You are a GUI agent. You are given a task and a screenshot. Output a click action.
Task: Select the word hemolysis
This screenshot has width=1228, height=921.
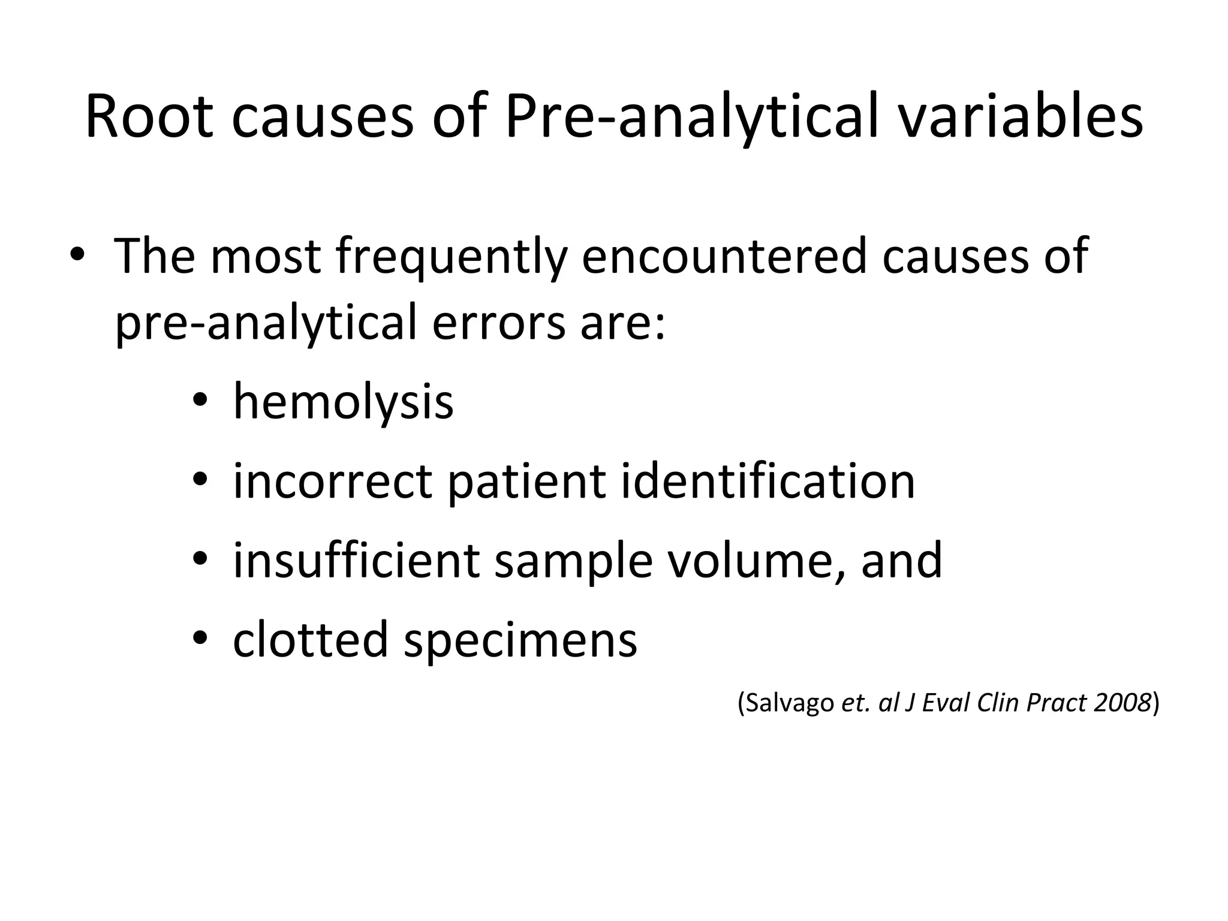[x=343, y=402]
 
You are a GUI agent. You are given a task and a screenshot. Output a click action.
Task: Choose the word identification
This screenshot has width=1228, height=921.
[x=768, y=481]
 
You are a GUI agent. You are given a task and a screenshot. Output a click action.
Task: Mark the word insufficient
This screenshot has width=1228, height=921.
[x=356, y=560]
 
